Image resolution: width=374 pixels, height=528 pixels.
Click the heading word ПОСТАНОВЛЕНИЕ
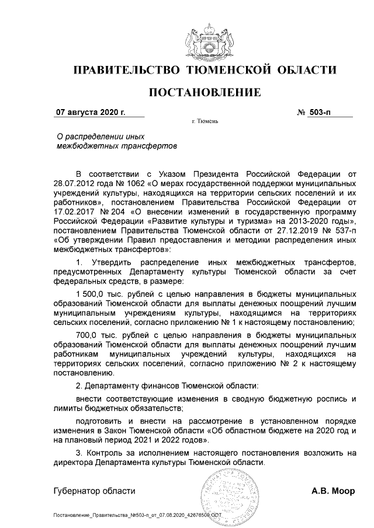[205, 92]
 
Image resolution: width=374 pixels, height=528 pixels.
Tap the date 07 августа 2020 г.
[86, 112]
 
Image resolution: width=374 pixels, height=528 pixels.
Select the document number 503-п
[321, 112]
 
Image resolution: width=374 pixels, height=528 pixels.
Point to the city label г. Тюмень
[205, 122]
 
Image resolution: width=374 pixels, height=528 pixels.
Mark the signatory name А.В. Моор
[333, 491]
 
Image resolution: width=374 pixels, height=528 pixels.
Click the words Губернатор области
[94, 491]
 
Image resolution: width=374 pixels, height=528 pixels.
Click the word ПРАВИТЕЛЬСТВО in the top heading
[126, 71]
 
